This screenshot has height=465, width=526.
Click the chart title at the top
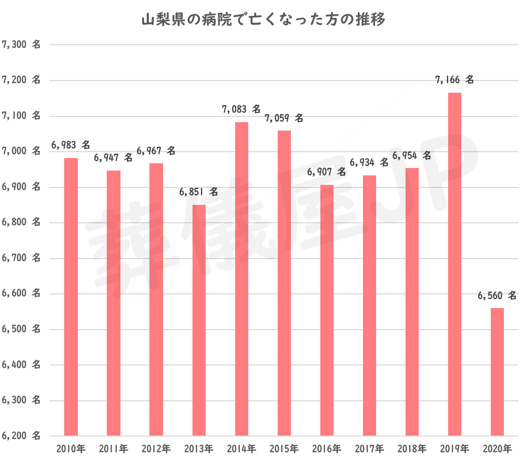(x=264, y=21)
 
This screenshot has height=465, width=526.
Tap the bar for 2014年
(x=241, y=279)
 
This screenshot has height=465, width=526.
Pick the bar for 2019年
(x=455, y=263)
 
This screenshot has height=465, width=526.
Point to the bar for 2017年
(x=369, y=305)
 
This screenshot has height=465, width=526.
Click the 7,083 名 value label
(x=241, y=110)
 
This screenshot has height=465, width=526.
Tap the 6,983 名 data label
(x=70, y=145)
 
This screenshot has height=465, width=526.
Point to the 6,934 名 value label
(x=369, y=162)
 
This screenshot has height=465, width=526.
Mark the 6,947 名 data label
(x=113, y=157)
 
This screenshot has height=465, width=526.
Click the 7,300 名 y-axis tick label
(x=22, y=45)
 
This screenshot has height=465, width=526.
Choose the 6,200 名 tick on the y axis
(x=22, y=436)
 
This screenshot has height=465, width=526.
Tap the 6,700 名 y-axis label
(x=22, y=258)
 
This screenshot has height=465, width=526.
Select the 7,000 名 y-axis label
(x=22, y=151)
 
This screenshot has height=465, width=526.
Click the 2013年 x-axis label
(x=199, y=449)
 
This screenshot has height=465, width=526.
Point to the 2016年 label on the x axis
(x=327, y=449)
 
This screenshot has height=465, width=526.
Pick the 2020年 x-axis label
(x=497, y=449)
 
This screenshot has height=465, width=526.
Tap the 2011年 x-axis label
(x=113, y=449)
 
